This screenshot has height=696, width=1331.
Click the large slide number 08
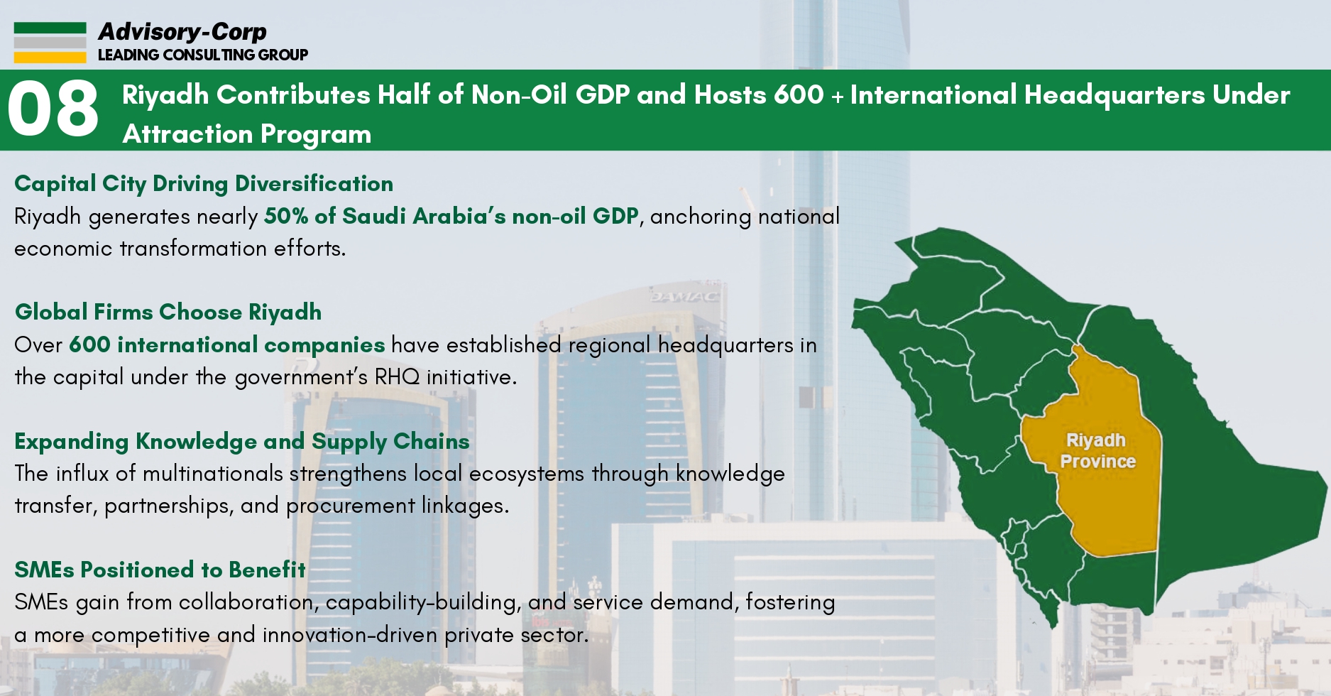[x=53, y=109]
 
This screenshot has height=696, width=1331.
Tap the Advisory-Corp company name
[x=182, y=32]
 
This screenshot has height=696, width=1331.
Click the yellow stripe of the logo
[x=50, y=57]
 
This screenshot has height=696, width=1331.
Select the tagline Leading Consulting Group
[x=202, y=55]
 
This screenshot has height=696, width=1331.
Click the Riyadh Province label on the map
[x=1097, y=451]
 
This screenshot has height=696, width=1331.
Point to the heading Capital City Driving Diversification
[x=204, y=184]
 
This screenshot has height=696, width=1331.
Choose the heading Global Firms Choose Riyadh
[x=168, y=312]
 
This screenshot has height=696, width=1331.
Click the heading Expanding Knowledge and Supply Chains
[x=242, y=442]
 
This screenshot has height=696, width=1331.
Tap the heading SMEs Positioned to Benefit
[x=160, y=570]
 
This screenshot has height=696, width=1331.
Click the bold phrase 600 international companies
[x=227, y=345]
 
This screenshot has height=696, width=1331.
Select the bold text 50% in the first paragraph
[x=286, y=216]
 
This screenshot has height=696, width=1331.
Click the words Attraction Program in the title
[x=247, y=134]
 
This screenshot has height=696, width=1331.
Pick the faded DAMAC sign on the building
[x=684, y=296]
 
